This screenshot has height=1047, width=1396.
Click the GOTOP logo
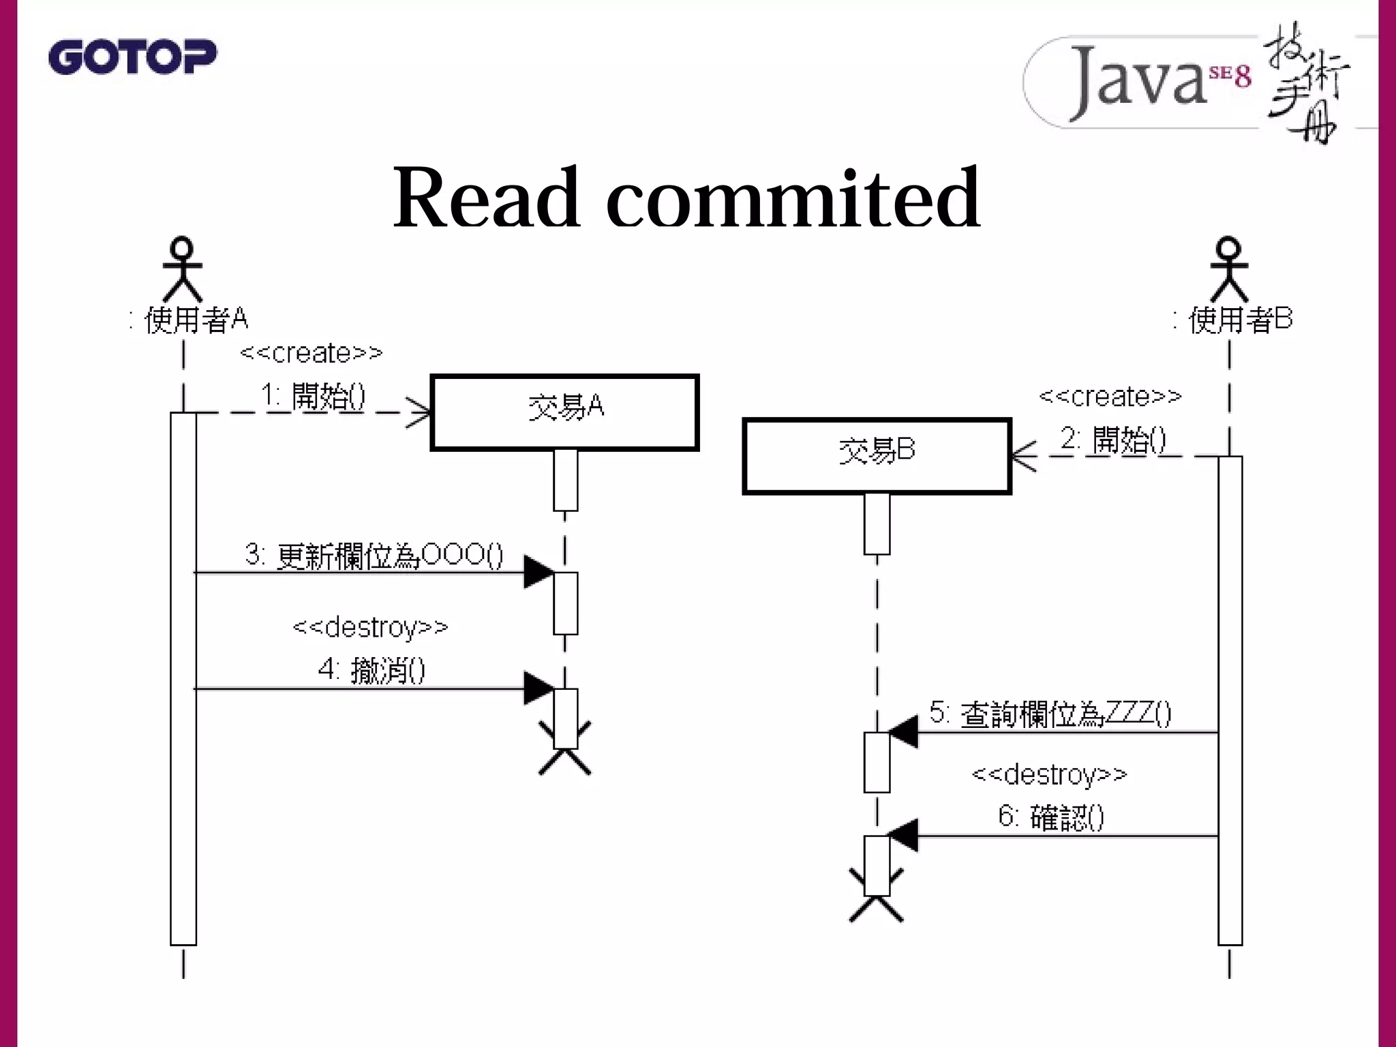(132, 57)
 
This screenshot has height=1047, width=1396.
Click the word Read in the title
(486, 198)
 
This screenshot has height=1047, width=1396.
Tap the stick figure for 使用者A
(183, 269)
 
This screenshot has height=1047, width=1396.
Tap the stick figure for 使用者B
(1229, 269)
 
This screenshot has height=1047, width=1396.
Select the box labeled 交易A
(564, 412)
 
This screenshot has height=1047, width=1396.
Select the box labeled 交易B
(877, 456)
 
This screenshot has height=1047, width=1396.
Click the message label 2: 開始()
(1113, 439)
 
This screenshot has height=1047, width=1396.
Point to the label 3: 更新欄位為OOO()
(374, 555)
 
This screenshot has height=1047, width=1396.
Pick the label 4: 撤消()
(371, 669)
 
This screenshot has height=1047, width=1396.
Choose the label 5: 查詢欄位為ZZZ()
(1050, 714)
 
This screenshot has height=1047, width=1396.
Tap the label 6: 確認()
(1050, 816)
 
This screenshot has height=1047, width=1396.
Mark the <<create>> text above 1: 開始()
(312, 353)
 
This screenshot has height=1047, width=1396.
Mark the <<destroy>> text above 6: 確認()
(1049, 774)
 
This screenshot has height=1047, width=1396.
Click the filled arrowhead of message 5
(903, 733)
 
